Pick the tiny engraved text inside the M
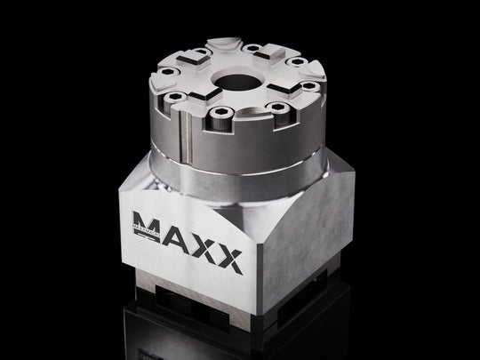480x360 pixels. pos(145,228)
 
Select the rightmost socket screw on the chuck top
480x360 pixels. pos(308,86)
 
